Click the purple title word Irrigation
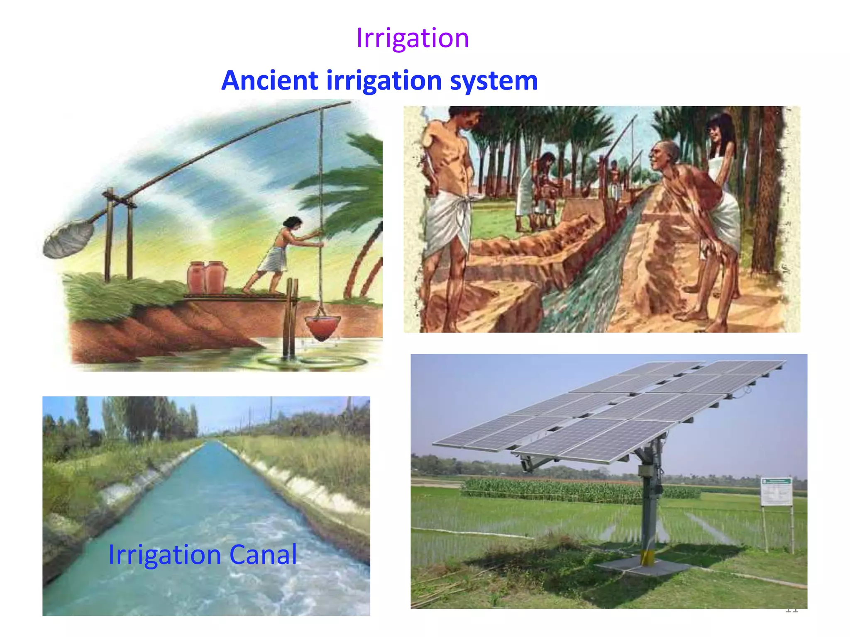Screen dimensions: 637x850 (x=413, y=38)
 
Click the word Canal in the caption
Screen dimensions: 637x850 (x=263, y=554)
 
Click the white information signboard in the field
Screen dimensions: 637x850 (x=777, y=492)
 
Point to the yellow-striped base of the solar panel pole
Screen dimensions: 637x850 (x=647, y=557)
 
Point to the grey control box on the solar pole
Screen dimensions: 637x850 (x=646, y=470)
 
